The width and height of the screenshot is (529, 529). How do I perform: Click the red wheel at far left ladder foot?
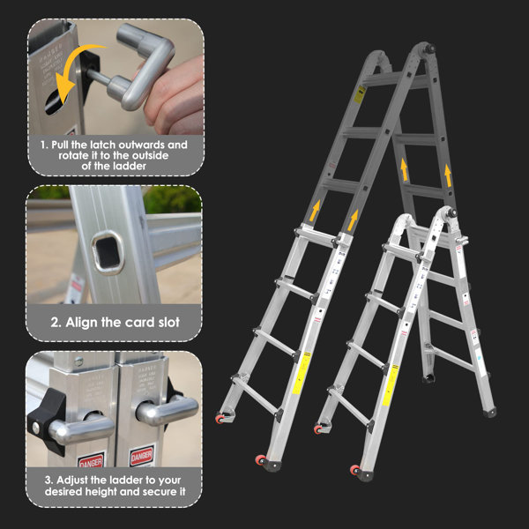218,417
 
